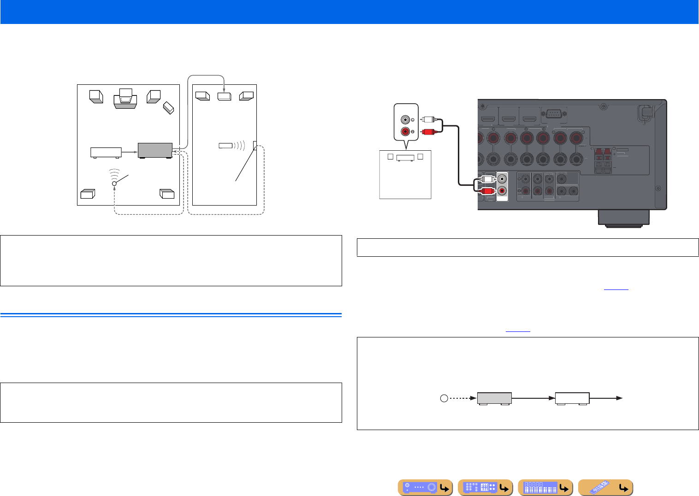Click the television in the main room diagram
point(125,98)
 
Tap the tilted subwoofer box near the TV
point(168,108)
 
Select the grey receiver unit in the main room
point(155,150)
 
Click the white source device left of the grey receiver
point(106,152)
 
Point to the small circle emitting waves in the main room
point(114,183)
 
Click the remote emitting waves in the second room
point(225,146)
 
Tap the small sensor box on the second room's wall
point(255,145)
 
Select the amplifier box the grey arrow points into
point(224,96)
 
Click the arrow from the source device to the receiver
point(130,151)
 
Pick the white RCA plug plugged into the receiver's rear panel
point(486,179)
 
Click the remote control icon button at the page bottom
point(605,487)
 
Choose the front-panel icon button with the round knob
point(425,487)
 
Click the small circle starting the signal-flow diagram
point(444,398)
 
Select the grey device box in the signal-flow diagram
point(494,398)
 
